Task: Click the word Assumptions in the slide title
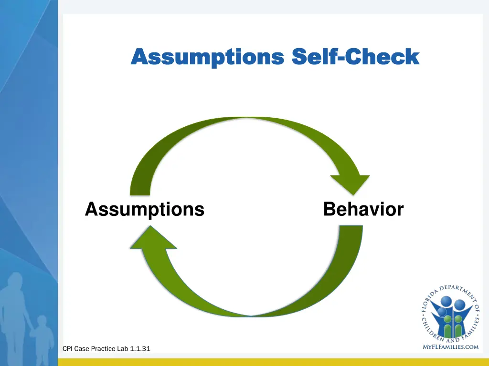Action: click(x=207, y=58)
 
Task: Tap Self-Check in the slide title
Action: click(x=355, y=57)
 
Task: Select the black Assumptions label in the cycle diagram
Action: click(x=145, y=209)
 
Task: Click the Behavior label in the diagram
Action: click(x=363, y=209)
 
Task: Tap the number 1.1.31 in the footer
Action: click(x=140, y=349)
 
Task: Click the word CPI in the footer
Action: click(x=68, y=349)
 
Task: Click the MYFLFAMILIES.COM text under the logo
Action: click(x=450, y=347)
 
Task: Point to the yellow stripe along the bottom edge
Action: click(x=272, y=362)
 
